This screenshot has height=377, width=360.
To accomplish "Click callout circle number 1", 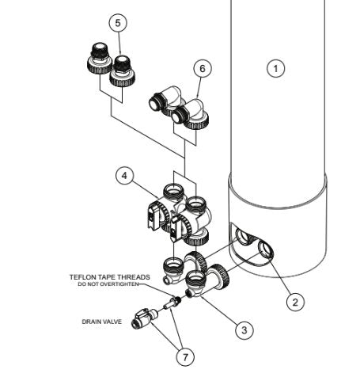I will tap(275, 69).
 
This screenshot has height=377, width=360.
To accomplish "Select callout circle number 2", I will tap(294, 300).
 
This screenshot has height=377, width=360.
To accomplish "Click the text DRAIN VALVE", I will tap(103, 322).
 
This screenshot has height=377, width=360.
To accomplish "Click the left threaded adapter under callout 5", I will tap(97, 61).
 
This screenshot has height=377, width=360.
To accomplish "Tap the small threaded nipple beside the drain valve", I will tap(172, 304).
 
